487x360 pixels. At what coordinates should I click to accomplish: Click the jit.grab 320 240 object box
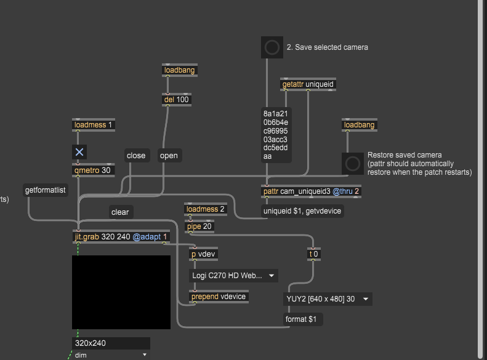[121, 237]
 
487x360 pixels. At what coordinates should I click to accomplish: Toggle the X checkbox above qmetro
[79, 152]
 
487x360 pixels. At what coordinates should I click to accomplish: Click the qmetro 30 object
[93, 170]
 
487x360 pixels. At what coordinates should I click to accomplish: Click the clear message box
[121, 212]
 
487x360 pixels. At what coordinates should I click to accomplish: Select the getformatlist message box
[46, 190]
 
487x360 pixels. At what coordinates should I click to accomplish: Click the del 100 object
[177, 100]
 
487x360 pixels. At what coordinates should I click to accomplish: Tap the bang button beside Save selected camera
[272, 47]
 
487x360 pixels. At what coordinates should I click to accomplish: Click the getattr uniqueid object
[308, 84]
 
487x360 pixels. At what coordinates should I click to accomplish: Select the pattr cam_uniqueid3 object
[311, 191]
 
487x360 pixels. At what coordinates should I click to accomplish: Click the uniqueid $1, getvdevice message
[302, 211]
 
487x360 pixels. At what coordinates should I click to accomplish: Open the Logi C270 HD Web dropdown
[233, 276]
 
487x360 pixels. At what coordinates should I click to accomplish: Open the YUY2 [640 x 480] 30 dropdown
[328, 299]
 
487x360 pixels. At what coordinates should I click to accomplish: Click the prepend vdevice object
[219, 297]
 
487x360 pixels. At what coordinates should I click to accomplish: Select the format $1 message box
[303, 319]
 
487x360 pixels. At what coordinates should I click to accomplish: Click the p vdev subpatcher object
[203, 254]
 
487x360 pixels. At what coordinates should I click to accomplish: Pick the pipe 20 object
[199, 226]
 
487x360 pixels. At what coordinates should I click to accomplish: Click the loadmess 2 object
[205, 209]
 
